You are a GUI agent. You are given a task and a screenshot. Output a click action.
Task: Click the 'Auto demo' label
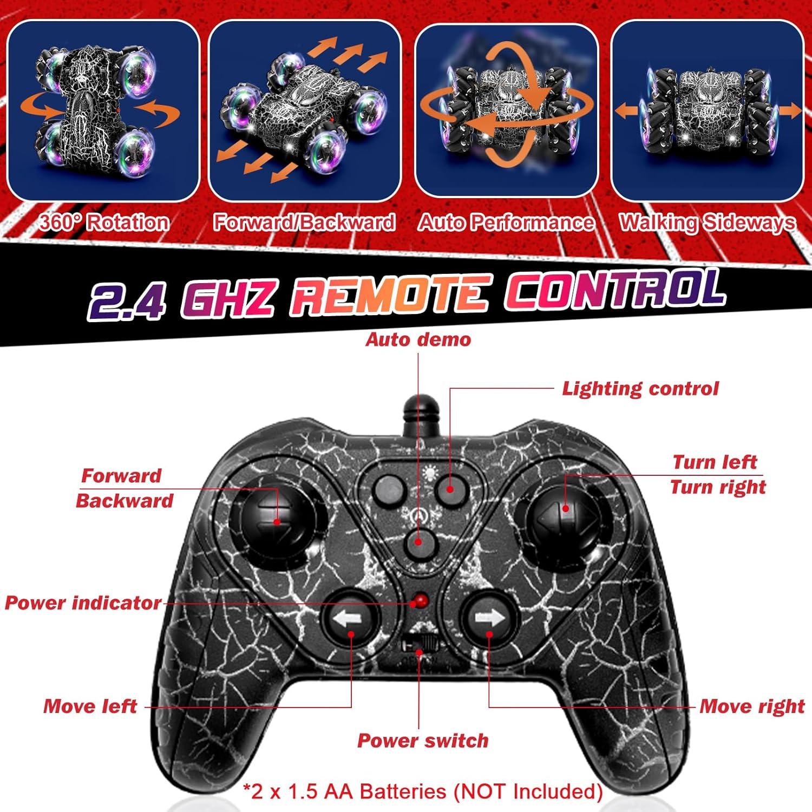click(418, 339)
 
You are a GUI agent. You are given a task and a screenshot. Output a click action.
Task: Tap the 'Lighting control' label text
click(640, 389)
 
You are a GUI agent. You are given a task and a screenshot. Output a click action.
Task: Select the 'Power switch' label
click(423, 741)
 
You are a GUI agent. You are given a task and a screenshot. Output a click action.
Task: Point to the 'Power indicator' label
click(83, 603)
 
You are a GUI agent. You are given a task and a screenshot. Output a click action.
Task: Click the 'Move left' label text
click(90, 706)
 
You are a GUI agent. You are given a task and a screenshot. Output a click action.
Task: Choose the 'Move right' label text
click(752, 706)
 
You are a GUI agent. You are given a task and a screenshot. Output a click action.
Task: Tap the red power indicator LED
click(420, 601)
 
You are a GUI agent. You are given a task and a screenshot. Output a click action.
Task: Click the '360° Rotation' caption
click(104, 222)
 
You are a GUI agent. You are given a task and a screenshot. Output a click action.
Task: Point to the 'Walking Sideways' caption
click(707, 222)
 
